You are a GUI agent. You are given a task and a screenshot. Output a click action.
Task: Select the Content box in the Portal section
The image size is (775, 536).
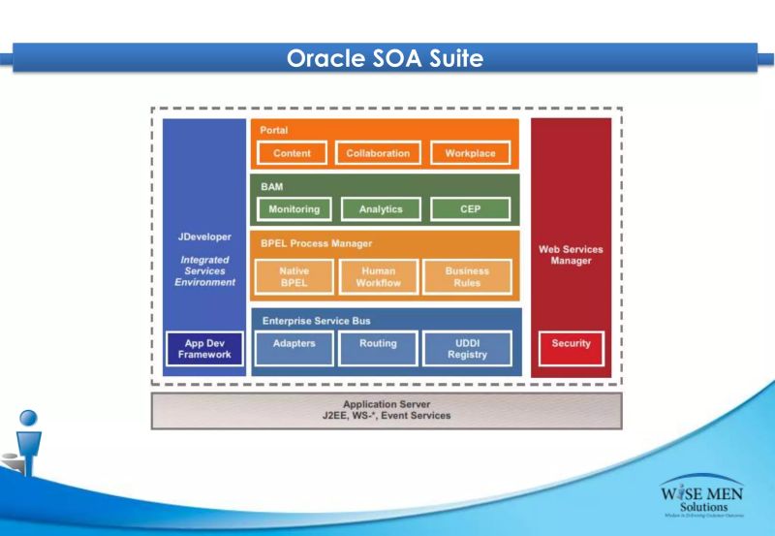[x=292, y=154]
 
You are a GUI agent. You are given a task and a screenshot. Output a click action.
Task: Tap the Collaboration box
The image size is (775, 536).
[x=378, y=154]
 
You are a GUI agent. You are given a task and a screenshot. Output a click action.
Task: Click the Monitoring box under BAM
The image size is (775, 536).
[x=294, y=208]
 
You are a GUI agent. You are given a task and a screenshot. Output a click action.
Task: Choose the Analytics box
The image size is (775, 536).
[x=380, y=208]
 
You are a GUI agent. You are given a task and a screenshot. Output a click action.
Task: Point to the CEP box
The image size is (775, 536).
[x=470, y=208]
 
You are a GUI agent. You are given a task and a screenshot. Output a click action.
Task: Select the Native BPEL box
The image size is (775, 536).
[x=294, y=277]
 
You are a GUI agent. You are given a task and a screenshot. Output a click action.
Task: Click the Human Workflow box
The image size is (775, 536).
[x=378, y=277]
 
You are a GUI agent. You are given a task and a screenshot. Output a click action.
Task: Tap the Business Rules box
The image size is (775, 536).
[x=467, y=277]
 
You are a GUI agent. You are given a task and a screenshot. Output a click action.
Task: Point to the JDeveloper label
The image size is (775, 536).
[x=204, y=237]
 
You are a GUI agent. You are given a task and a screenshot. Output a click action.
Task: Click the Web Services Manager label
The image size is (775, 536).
[x=571, y=256]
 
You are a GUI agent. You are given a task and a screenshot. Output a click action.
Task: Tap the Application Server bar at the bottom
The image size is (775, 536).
[x=387, y=410]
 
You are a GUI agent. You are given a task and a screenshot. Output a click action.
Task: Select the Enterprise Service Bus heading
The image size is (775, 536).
[x=316, y=320]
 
